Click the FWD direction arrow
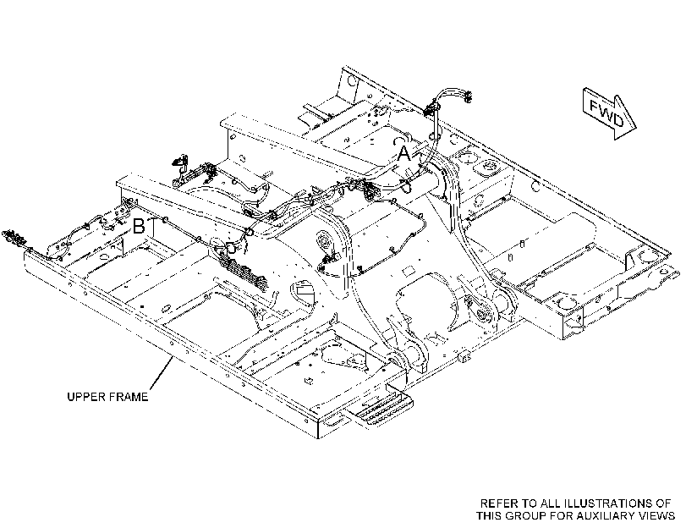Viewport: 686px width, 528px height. [609, 113]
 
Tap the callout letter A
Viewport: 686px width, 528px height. [404, 154]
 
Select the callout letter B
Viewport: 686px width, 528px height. [139, 227]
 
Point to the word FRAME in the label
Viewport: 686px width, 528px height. [129, 397]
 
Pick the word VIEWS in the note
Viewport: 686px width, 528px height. [659, 516]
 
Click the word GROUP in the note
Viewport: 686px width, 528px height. [526, 516]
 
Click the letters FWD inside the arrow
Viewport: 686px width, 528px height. [606, 113]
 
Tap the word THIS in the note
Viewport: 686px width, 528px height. [489, 516]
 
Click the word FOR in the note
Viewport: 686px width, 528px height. [562, 516]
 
